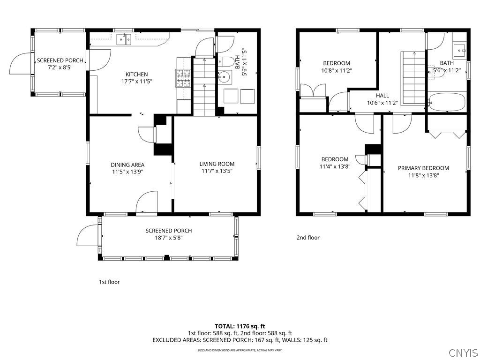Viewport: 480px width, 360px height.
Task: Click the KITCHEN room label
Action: [136, 74]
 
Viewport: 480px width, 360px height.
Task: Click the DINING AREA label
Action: [127, 165]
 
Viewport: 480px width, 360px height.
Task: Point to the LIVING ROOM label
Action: [217, 164]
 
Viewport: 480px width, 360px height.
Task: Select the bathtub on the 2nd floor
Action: [447, 102]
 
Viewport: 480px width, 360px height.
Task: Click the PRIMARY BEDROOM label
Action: [423, 168]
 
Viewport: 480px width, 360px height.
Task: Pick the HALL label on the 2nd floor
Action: [382, 95]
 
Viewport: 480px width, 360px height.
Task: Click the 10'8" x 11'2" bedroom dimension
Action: [337, 71]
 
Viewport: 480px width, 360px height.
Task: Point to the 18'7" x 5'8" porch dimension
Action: [168, 238]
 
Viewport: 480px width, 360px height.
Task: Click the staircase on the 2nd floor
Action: [413, 77]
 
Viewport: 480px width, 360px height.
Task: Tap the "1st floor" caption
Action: [109, 282]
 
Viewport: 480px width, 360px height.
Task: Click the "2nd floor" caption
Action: [308, 238]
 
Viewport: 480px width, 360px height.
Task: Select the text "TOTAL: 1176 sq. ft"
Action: [240, 326]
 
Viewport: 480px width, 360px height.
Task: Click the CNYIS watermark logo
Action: [463, 352]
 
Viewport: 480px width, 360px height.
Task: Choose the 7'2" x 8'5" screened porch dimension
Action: [60, 68]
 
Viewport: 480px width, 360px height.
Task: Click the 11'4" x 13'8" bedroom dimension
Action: [335, 166]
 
